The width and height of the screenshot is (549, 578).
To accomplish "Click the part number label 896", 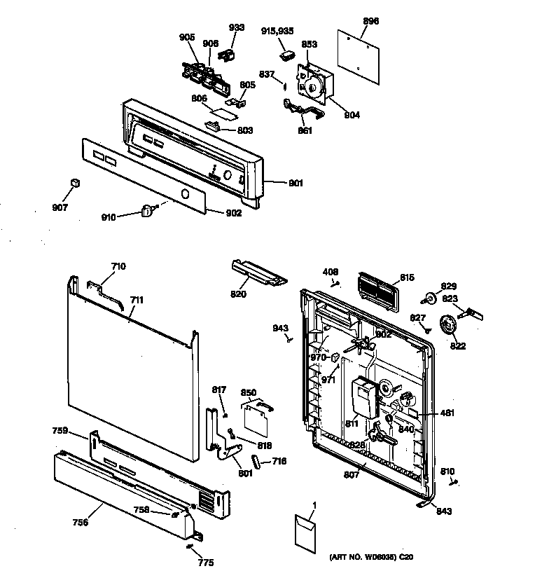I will tap(370, 21).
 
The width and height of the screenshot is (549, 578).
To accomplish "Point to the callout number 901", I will tap(295, 184).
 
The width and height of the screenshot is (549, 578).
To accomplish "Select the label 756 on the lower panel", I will tap(81, 521).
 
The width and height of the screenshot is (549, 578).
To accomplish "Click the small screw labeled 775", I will tap(191, 549).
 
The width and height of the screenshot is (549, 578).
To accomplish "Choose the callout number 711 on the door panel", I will tap(137, 300).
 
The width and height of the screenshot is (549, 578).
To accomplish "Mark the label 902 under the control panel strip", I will tap(233, 213).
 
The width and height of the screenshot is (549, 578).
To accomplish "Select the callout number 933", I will tap(237, 28).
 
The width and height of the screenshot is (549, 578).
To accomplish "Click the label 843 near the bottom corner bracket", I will tap(443, 511).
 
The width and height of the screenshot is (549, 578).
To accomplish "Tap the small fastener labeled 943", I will tap(289, 338).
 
